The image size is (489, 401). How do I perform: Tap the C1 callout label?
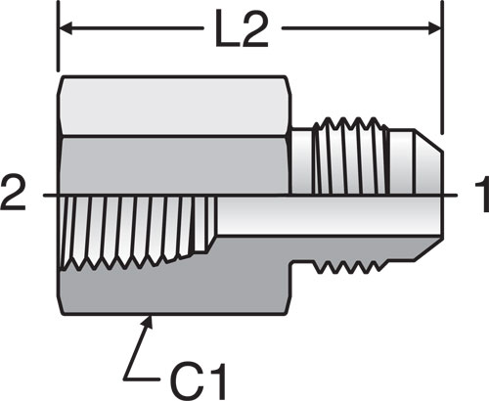point(199,380)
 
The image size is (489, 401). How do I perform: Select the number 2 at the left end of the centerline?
point(13,194)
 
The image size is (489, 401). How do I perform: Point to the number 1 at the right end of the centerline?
point(481,194)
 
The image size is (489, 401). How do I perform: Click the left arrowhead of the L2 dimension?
point(67,28)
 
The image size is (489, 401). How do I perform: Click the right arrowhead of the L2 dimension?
point(434,28)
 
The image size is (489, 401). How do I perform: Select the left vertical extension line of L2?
point(58,36)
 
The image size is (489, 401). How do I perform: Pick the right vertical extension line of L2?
point(442,67)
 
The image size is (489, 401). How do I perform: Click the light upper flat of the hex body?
point(174,106)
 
